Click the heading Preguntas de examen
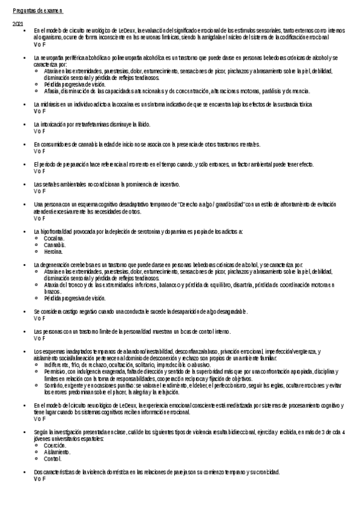pyautogui.click(x=37, y=11)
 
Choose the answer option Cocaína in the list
pyautogui.click(x=53, y=238)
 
